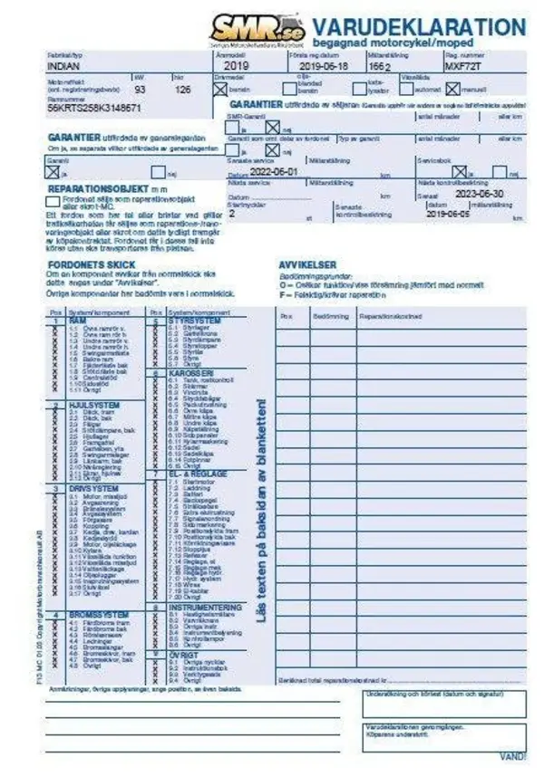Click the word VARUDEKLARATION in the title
click(x=419, y=26)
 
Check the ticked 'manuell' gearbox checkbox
click(x=453, y=90)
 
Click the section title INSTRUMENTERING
click(x=203, y=608)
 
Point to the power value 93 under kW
click(x=140, y=91)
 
